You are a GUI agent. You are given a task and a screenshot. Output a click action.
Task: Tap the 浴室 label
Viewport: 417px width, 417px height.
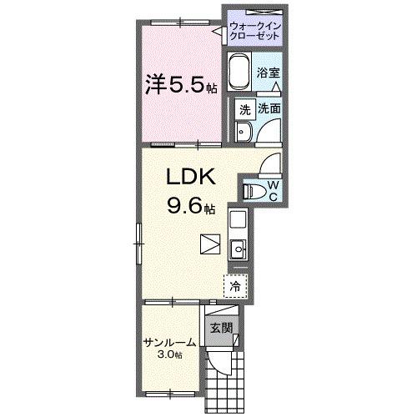[x=266, y=73]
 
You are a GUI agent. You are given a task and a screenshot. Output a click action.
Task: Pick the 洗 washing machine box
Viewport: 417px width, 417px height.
[x=244, y=109]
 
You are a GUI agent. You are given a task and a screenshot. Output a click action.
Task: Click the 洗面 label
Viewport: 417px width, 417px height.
[x=268, y=108]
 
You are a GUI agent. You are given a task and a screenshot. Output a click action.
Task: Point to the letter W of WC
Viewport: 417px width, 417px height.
[x=273, y=183]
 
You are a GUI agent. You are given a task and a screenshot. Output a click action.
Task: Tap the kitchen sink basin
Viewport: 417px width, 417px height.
[x=238, y=248]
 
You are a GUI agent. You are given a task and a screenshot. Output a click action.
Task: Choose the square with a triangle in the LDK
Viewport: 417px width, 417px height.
[x=210, y=244]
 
